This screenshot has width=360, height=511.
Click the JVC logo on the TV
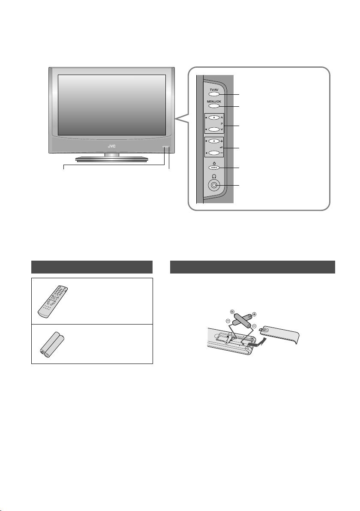coord(112,146)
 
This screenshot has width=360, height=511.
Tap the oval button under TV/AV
coord(214,94)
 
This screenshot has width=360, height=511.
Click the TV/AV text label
coord(214,90)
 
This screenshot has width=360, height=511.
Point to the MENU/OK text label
coord(214,102)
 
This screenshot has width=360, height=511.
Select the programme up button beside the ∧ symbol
coord(214,117)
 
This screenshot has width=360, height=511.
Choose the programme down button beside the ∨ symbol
coord(214,129)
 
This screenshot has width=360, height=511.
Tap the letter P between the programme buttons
coord(222,124)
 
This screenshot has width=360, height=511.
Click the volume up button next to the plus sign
coord(214,141)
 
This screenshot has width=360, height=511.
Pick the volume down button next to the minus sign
coord(214,153)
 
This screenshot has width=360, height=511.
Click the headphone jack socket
coord(214,185)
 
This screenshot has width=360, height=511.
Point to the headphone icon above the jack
coord(214,176)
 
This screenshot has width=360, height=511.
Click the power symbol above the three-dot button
coord(214,163)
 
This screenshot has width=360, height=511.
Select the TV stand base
coord(112,159)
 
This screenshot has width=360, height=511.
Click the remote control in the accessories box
coord(52,302)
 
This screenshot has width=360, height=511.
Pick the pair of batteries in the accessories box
coord(52,345)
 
